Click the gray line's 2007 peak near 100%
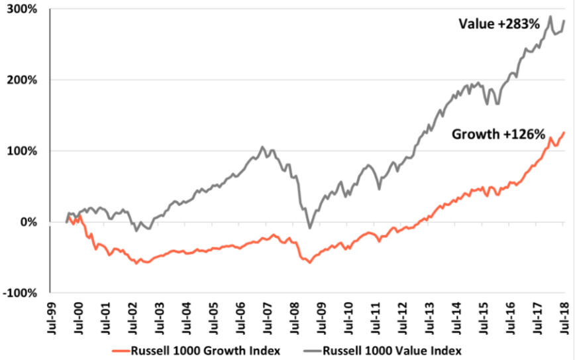(262, 147)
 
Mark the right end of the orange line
(564, 132)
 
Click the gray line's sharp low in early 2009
(309, 228)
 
